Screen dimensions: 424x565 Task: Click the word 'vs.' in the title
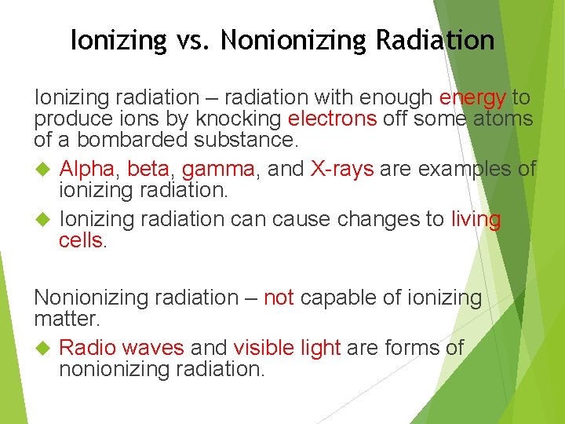point(191,39)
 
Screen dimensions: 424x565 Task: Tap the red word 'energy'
point(472,98)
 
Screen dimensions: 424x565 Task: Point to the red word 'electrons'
point(333,119)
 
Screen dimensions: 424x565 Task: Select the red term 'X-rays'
point(342,169)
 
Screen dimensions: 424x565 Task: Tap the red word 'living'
point(476,219)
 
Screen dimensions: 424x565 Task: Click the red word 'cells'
point(81,240)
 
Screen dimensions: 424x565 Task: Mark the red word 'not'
point(279,298)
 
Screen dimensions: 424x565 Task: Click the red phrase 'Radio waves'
point(122,348)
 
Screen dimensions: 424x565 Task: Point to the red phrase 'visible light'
point(286,348)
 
